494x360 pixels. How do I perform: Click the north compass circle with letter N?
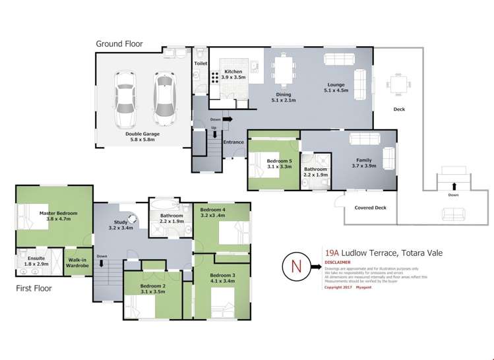(x=295, y=267)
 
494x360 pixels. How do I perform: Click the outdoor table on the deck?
(x=398, y=85)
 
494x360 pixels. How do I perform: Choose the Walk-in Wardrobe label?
(x=77, y=262)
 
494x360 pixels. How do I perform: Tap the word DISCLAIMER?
(x=338, y=262)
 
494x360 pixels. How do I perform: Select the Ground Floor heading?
(x=119, y=44)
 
